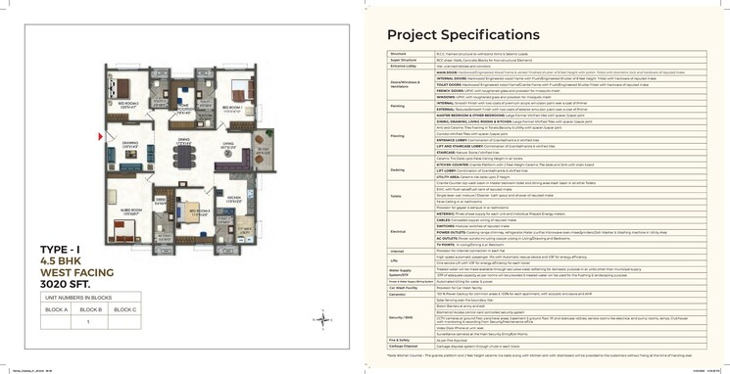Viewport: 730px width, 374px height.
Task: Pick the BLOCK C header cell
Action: [x=124, y=309]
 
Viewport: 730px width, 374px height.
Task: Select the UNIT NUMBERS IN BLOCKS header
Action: [x=91, y=297]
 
